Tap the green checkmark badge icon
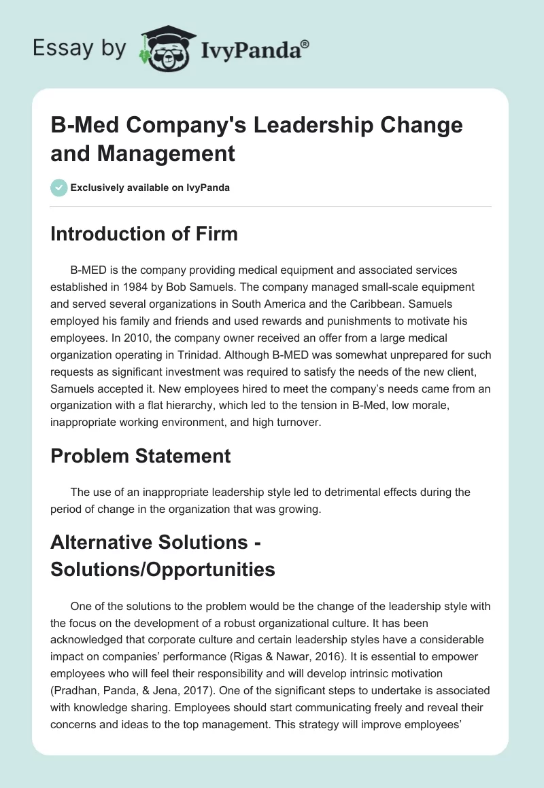click(59, 187)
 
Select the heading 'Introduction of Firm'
click(144, 234)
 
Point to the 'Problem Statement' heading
click(141, 456)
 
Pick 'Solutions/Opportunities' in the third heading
click(163, 569)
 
